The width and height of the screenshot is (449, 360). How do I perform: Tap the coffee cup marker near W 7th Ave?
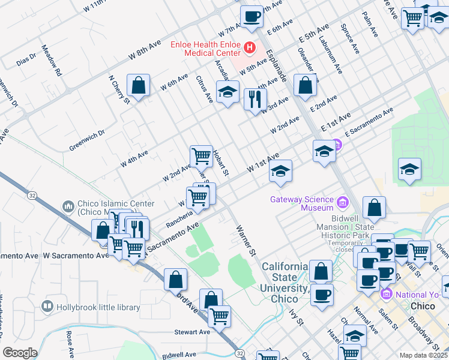coord(252,17)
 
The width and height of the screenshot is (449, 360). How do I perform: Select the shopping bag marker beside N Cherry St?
coord(139,86)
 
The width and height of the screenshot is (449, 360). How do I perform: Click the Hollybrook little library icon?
coord(47,307)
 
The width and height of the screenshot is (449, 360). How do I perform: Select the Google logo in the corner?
coord(20,353)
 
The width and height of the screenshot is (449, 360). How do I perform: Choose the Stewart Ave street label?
coord(192,331)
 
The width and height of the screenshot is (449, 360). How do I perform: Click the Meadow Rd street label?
coord(52,60)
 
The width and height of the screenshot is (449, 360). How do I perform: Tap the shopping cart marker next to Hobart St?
coord(201,157)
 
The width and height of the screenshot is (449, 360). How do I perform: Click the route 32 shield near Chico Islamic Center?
coord(31,195)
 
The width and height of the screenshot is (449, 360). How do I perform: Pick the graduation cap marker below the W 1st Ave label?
coord(280,172)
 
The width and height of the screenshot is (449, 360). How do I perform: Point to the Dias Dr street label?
coord(27,59)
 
